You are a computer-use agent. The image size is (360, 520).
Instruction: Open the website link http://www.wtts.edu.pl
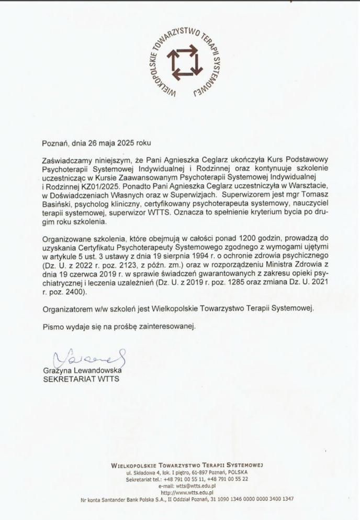[x=186, y=492]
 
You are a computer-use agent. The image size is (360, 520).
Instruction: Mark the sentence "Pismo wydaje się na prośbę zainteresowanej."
[x=119, y=327]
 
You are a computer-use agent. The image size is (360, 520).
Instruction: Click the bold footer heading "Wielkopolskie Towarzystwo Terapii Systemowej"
[x=187, y=464]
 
